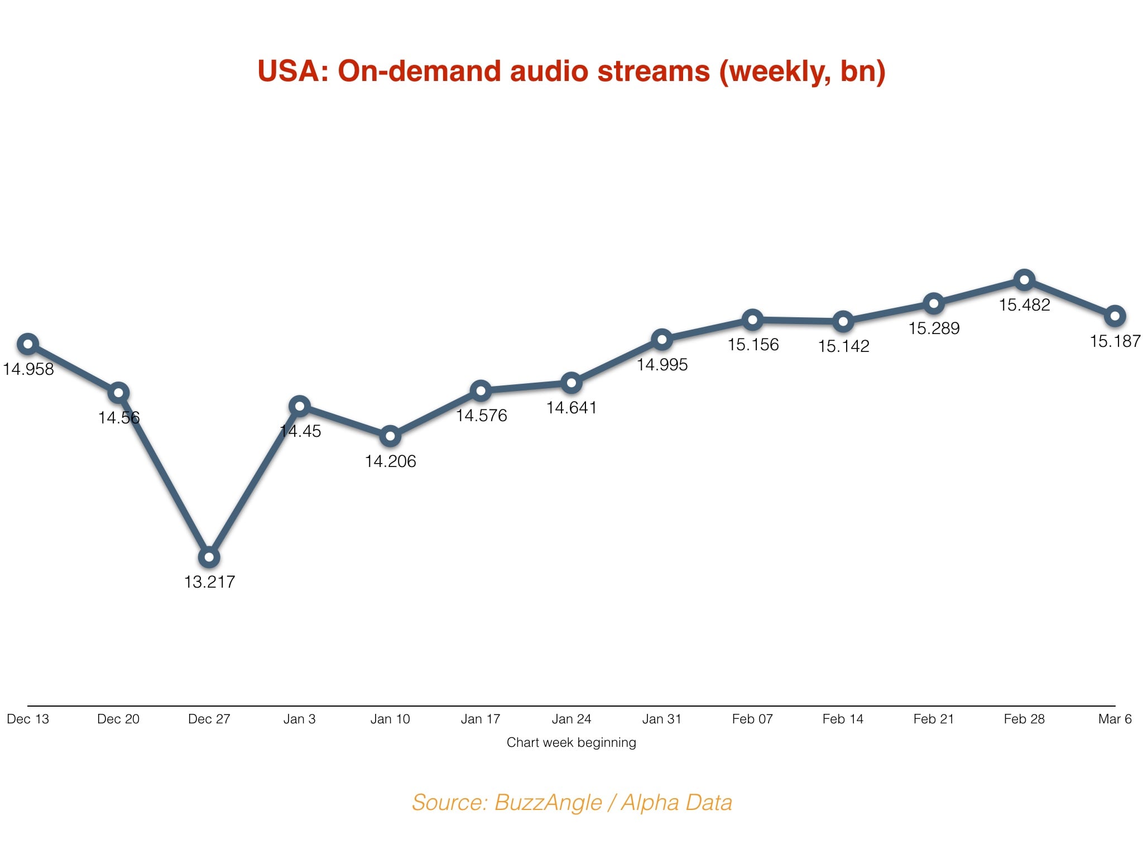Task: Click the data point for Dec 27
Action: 209,557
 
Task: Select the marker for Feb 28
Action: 1024,280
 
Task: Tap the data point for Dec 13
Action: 28,344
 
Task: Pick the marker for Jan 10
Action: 390,436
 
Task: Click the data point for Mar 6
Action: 1115,316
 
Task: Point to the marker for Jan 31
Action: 662,339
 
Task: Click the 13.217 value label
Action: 209,582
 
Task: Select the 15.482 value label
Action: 1024,305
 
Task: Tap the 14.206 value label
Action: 390,461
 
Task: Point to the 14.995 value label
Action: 662,365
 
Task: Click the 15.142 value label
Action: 843,346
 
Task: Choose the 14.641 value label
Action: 571,408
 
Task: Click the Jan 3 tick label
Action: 299,719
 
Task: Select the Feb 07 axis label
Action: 752,719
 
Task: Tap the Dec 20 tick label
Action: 118,719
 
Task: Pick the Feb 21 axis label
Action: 934,719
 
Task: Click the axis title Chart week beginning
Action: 571,742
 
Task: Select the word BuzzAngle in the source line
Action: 548,803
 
